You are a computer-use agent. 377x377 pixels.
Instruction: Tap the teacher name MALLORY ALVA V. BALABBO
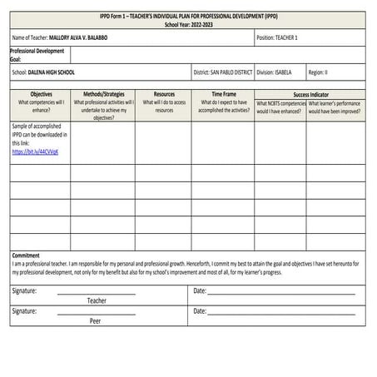[90, 38]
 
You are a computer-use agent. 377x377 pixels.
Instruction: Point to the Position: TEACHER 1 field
[277, 38]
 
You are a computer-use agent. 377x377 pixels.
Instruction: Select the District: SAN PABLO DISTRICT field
[223, 72]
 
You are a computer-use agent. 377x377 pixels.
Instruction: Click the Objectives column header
[41, 95]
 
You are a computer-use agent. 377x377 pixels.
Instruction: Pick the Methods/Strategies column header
[103, 95]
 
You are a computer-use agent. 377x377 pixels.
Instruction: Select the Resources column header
[164, 95]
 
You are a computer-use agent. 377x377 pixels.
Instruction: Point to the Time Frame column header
[223, 95]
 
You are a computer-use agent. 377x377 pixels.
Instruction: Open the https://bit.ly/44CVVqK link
[35, 152]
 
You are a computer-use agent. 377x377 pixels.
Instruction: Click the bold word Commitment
[26, 255]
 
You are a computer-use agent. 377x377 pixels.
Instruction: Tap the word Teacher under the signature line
[97, 300]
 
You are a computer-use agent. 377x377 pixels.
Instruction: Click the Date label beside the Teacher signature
[199, 290]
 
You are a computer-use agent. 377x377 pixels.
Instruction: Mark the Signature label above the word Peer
[24, 310]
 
